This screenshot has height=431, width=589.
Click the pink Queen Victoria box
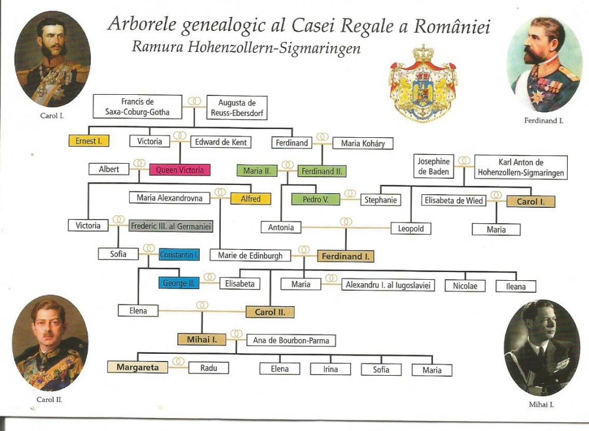click(180, 170)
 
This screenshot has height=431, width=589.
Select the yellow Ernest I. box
click(88, 141)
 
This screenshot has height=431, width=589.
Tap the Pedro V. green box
click(316, 200)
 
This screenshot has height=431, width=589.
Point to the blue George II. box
click(179, 283)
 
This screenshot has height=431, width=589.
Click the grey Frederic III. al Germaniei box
click(171, 226)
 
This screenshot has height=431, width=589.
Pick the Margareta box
click(137, 367)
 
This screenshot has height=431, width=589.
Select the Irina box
click(330, 369)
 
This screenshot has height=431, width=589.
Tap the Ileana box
click(516, 286)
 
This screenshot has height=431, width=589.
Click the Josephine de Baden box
click(434, 167)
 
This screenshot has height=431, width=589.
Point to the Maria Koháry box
click(363, 143)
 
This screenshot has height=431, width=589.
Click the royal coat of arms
click(423, 84)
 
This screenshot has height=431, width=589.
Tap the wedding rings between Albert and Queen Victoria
click(140, 163)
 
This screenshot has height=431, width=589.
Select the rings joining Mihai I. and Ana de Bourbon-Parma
click(236, 334)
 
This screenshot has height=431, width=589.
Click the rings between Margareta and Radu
click(178, 362)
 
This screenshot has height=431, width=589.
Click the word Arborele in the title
click(140, 25)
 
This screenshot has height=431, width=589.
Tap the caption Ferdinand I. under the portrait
click(544, 121)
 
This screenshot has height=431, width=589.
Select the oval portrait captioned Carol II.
click(50, 343)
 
